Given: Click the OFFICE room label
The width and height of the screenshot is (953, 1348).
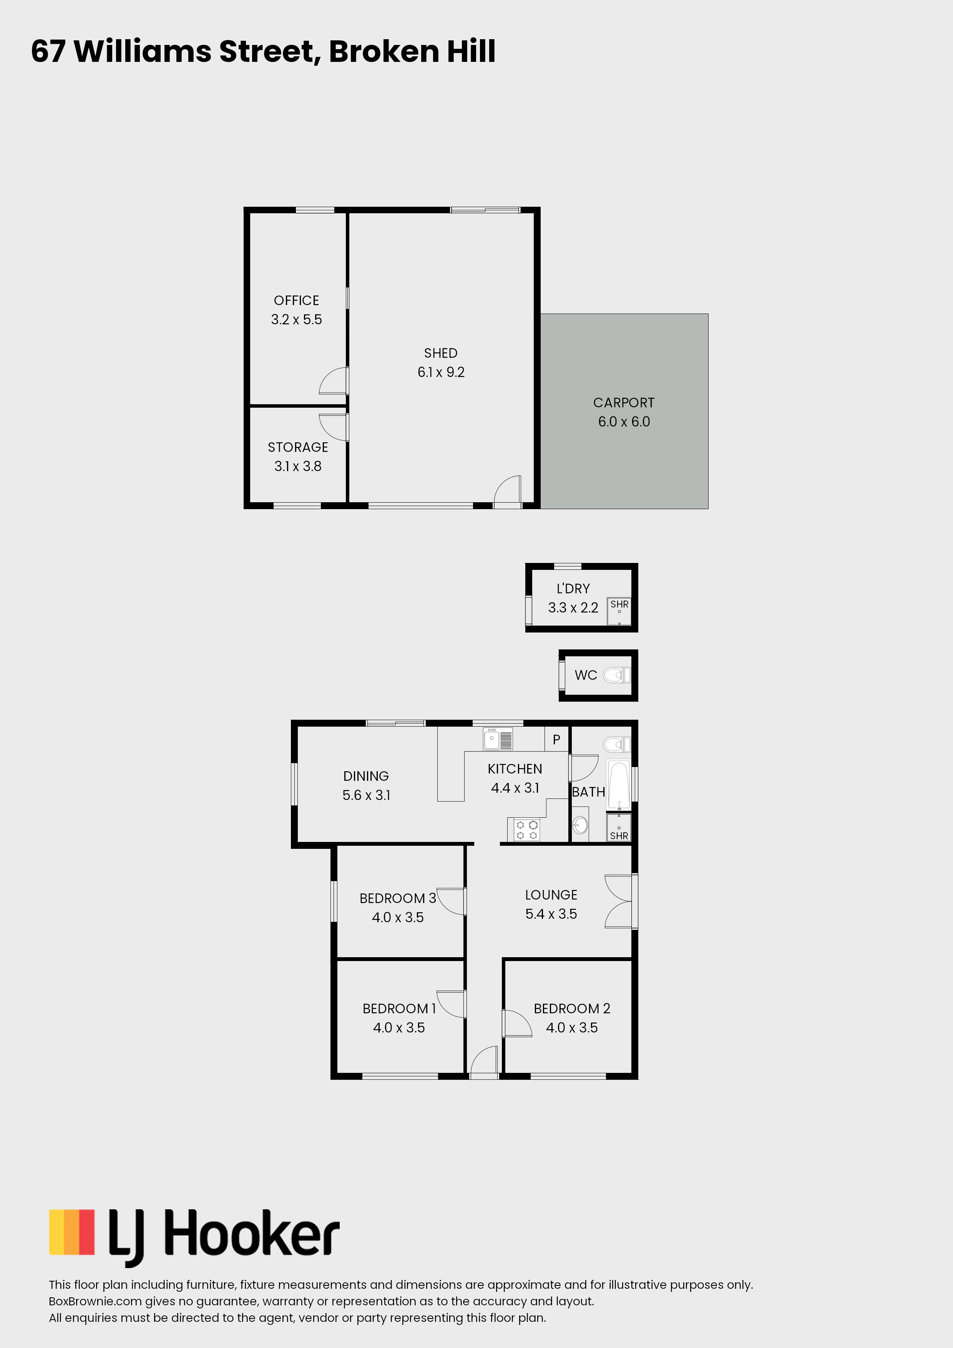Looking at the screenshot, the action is (297, 300).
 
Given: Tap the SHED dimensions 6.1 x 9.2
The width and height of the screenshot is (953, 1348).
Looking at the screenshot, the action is (441, 372).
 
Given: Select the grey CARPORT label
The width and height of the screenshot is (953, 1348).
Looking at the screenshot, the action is (624, 403).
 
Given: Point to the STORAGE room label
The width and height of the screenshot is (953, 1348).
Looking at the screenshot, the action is (298, 447).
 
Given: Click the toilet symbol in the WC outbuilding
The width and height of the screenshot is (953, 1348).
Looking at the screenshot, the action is (616, 675).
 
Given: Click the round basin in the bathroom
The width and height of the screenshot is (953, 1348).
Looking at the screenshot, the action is (580, 825).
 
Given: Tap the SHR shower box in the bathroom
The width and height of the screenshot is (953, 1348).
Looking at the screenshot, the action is (619, 828).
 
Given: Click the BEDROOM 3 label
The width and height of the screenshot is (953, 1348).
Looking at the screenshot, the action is (397, 898).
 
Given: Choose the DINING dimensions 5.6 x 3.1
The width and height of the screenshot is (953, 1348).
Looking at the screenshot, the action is (366, 795).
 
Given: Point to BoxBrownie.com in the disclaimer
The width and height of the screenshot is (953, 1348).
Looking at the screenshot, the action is (95, 1301).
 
